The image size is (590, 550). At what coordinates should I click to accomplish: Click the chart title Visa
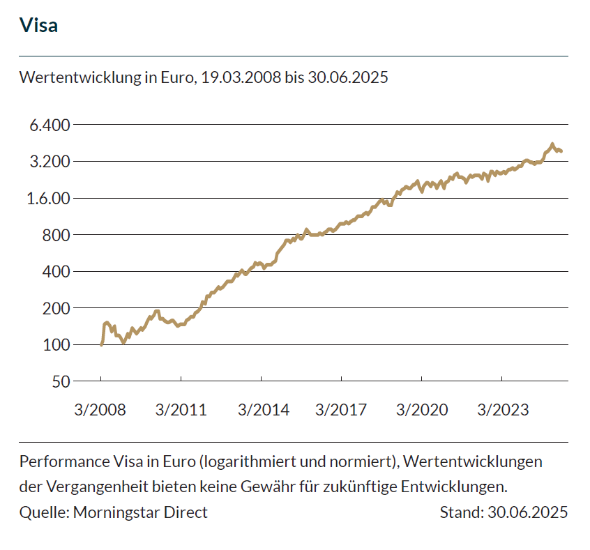pos(38,26)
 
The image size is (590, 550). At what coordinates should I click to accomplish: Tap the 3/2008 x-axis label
pos(100,409)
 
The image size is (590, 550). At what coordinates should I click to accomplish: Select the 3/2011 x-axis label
pos(181,409)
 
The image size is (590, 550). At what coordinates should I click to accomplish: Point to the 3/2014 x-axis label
pos(263,409)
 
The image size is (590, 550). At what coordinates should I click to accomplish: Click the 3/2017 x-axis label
pos(341,409)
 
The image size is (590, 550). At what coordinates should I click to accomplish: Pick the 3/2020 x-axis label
pos(422,409)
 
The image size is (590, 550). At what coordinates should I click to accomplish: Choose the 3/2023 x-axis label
pos(502,409)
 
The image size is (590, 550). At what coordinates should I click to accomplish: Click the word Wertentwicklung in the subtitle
pos(80,77)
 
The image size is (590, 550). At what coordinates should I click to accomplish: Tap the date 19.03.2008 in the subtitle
pos(241,77)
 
